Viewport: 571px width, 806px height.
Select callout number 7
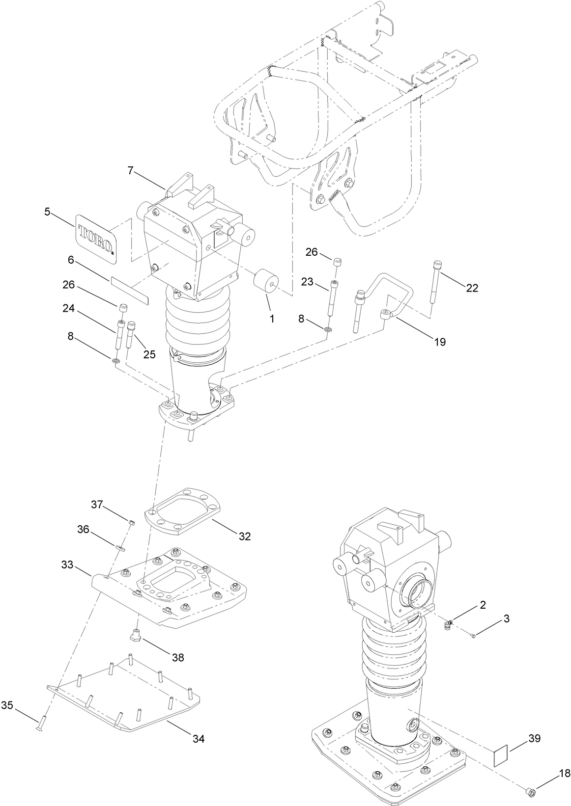point(130,170)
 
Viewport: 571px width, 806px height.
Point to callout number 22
point(472,288)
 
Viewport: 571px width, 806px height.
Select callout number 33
point(67,564)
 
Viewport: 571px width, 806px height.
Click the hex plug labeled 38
point(136,635)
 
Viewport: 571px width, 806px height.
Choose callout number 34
point(199,738)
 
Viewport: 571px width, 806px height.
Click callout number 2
point(483,605)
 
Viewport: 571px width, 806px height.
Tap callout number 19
point(439,342)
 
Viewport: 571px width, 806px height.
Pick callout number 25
point(149,353)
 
